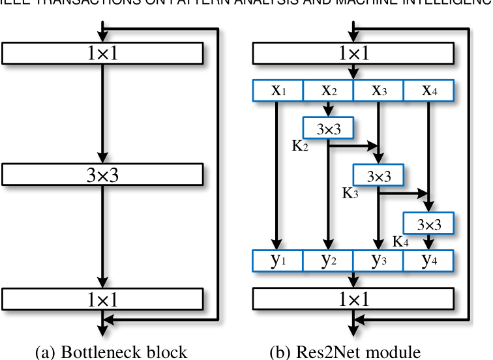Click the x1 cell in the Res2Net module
(x=278, y=91)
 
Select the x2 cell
(x=329, y=91)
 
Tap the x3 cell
(x=378, y=91)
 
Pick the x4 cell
(x=428, y=91)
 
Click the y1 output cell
(x=278, y=261)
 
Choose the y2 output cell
(x=329, y=261)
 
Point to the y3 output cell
(x=378, y=261)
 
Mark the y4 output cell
(x=428, y=261)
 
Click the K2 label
(x=301, y=145)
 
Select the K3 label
(x=351, y=193)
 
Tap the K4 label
(x=401, y=241)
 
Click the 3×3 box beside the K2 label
(x=329, y=128)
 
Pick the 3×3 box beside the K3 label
(x=378, y=176)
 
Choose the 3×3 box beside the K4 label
(x=428, y=224)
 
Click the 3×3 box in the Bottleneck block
(x=103, y=174)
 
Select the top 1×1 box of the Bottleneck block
(x=103, y=53)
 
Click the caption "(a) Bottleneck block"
(x=111, y=352)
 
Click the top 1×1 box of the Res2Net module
(x=353, y=53)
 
